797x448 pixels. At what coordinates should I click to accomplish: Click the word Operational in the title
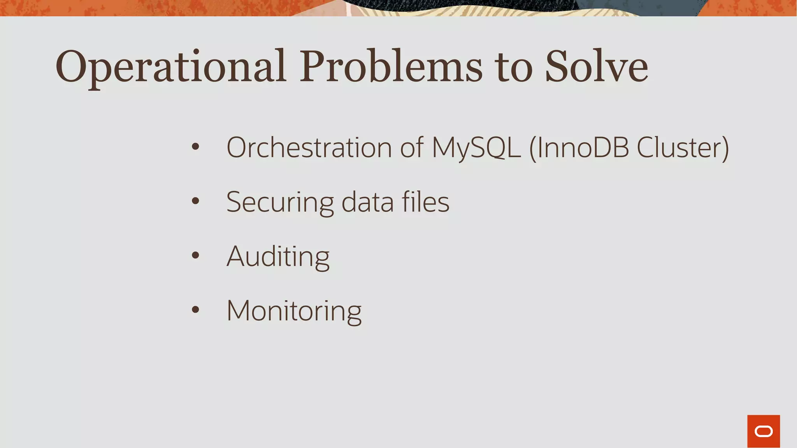171,67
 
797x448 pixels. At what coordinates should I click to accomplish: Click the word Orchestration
309,148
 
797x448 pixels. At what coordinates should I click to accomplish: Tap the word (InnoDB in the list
579,148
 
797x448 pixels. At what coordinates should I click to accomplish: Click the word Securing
280,203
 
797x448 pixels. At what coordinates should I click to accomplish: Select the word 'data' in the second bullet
367,202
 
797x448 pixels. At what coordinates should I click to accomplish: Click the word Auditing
278,257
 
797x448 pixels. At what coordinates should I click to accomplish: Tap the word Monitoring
294,311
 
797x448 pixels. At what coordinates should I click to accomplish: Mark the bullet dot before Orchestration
195,147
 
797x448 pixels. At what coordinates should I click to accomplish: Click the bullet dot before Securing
195,201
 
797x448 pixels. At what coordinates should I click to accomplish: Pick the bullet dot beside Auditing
195,255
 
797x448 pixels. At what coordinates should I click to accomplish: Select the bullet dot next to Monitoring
195,310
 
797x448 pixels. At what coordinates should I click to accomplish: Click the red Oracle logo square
764,431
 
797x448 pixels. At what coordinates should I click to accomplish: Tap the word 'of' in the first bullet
412,148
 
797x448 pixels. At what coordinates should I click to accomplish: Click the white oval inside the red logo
764,432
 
